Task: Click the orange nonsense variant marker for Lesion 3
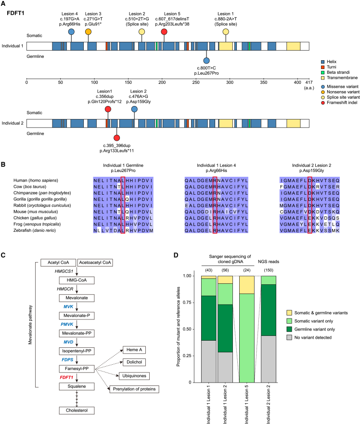(x=88, y=32)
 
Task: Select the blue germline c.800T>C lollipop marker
(x=206, y=61)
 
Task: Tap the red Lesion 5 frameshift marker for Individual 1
(x=164, y=32)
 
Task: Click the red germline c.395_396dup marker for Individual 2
(x=116, y=137)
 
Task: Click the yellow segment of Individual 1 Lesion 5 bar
(x=250, y=284)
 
